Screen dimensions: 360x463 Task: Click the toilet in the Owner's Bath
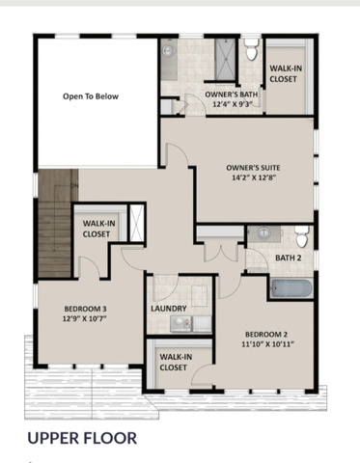click(252, 49)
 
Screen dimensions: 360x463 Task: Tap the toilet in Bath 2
click(302, 236)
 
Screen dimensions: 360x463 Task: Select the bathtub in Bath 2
click(291, 287)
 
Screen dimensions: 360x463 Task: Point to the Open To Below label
click(91, 96)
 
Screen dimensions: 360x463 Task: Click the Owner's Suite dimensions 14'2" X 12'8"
click(254, 177)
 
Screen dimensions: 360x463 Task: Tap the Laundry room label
click(169, 309)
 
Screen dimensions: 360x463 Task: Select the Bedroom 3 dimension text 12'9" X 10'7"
click(85, 319)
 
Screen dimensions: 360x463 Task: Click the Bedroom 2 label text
click(266, 334)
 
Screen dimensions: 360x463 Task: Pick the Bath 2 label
click(289, 258)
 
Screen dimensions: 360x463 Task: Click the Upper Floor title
click(82, 438)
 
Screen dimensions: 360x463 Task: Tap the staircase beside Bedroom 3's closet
click(54, 224)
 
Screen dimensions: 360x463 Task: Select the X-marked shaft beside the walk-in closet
click(136, 222)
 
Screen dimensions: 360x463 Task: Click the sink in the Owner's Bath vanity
click(169, 50)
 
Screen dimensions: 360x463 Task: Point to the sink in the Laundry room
click(178, 322)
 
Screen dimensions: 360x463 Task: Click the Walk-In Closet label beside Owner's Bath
click(283, 73)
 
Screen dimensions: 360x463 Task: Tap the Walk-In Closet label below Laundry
click(174, 362)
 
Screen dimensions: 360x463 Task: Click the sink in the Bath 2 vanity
click(264, 232)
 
